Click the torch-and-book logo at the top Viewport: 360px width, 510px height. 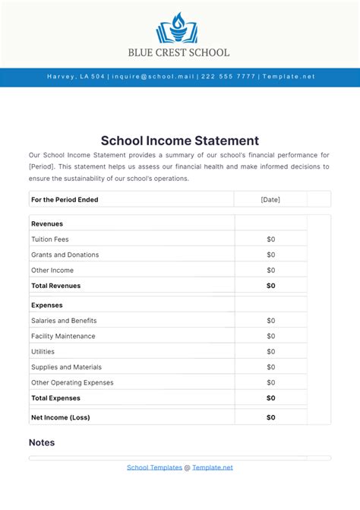tap(179, 29)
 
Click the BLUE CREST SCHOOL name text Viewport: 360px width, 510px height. tap(179, 53)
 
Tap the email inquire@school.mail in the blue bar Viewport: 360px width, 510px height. tap(154, 77)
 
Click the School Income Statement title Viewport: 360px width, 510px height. tap(180, 141)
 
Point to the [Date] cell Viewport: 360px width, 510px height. tap(270, 200)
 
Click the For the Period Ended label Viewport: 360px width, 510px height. tap(65, 200)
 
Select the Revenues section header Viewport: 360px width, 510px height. tap(47, 223)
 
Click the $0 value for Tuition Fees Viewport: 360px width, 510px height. tap(271, 239)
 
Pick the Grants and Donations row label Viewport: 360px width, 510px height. tap(65, 255)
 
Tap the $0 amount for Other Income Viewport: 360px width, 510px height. tap(271, 271)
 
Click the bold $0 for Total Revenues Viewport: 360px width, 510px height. tap(271, 286)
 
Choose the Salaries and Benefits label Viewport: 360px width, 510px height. tap(64, 321)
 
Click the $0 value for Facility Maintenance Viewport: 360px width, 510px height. tap(271, 336)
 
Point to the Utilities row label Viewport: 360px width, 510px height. tap(43, 352)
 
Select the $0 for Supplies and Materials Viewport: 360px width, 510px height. tap(271, 367)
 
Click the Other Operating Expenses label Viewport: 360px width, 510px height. tap(72, 382)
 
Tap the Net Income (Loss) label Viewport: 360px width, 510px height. tap(60, 417)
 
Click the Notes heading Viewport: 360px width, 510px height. tap(42, 442)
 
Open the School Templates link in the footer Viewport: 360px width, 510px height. tap(154, 467)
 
